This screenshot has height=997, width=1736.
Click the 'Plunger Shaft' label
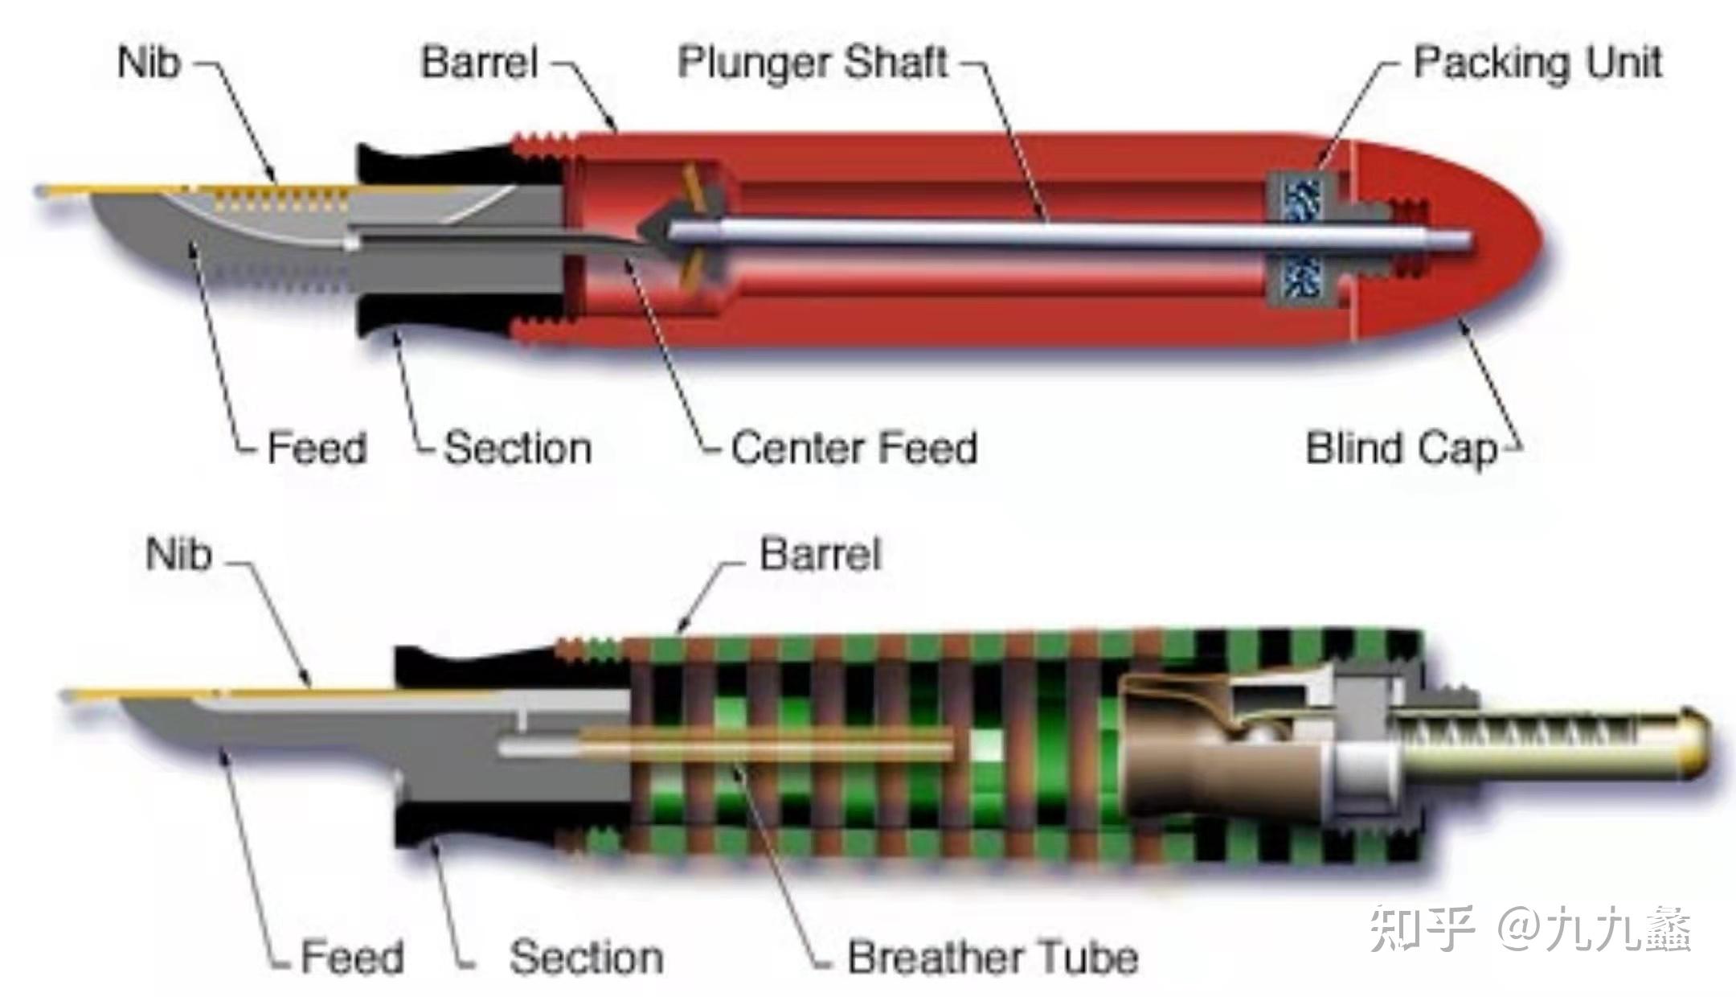click(813, 63)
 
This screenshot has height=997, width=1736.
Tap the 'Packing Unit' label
click(1537, 63)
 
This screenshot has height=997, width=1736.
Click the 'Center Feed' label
click(854, 449)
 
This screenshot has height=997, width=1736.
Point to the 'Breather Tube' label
click(993, 958)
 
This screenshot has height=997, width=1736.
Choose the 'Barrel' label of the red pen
click(480, 63)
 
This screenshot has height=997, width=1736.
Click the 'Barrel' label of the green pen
click(820, 555)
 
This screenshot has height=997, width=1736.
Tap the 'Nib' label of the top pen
click(149, 63)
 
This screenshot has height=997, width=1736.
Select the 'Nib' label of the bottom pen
click(178, 555)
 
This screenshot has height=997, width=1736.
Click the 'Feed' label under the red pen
click(317, 449)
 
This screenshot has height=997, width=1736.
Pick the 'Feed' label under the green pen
click(352, 958)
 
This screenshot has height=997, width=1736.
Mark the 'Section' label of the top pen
click(518, 449)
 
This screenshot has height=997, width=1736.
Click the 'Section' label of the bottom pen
click(587, 958)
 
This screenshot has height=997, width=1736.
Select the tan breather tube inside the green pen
click(764, 746)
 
